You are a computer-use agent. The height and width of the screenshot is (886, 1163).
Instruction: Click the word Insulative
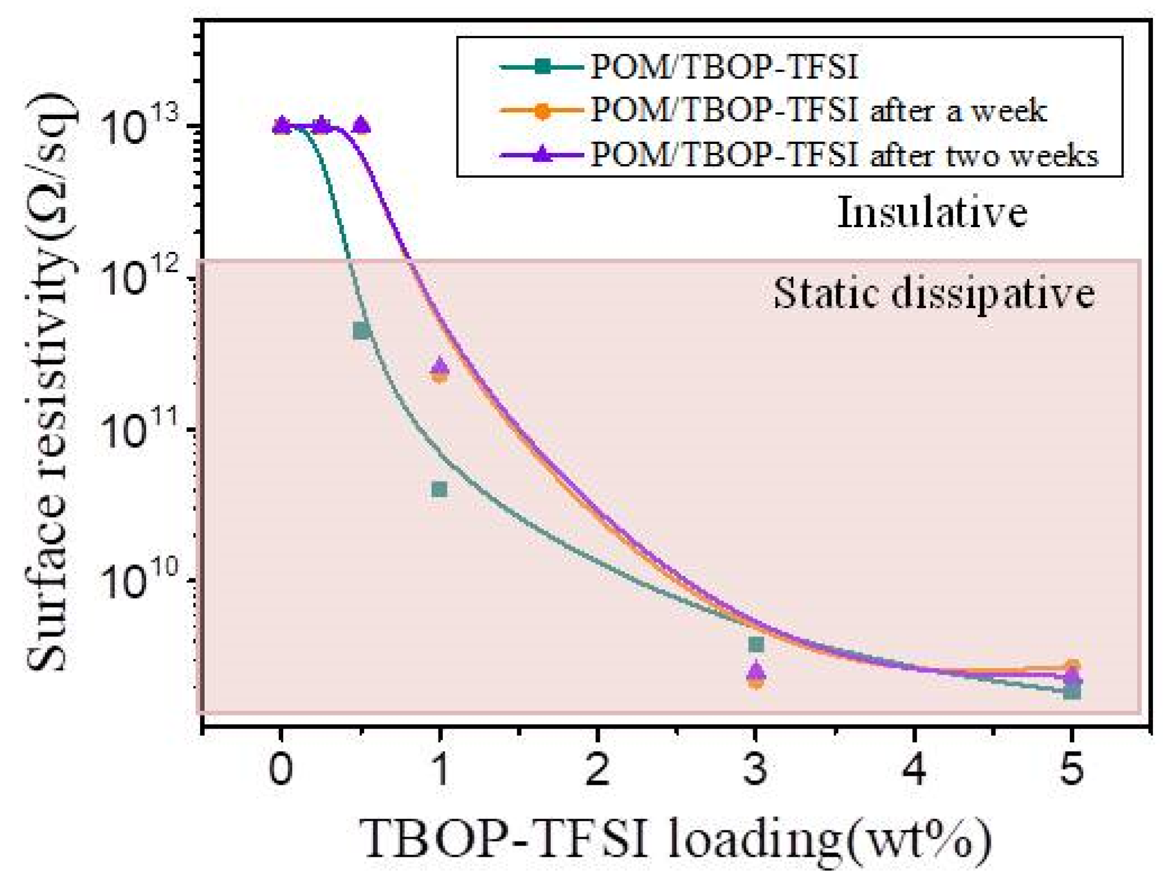(932, 214)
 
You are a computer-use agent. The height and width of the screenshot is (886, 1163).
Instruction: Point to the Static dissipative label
(934, 293)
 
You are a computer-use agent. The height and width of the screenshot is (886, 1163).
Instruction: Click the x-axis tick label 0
(280, 769)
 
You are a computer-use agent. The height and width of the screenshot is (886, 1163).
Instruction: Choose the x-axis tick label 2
(597, 769)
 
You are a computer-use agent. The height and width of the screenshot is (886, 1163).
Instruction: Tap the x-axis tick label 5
(1071, 769)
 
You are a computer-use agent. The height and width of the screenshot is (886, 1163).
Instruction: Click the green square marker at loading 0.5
(361, 331)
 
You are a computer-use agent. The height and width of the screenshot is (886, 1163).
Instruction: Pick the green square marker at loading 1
(440, 490)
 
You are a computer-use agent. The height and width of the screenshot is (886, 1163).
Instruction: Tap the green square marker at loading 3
(756, 644)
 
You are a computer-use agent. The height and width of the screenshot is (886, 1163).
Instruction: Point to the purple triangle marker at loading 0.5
(361, 124)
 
